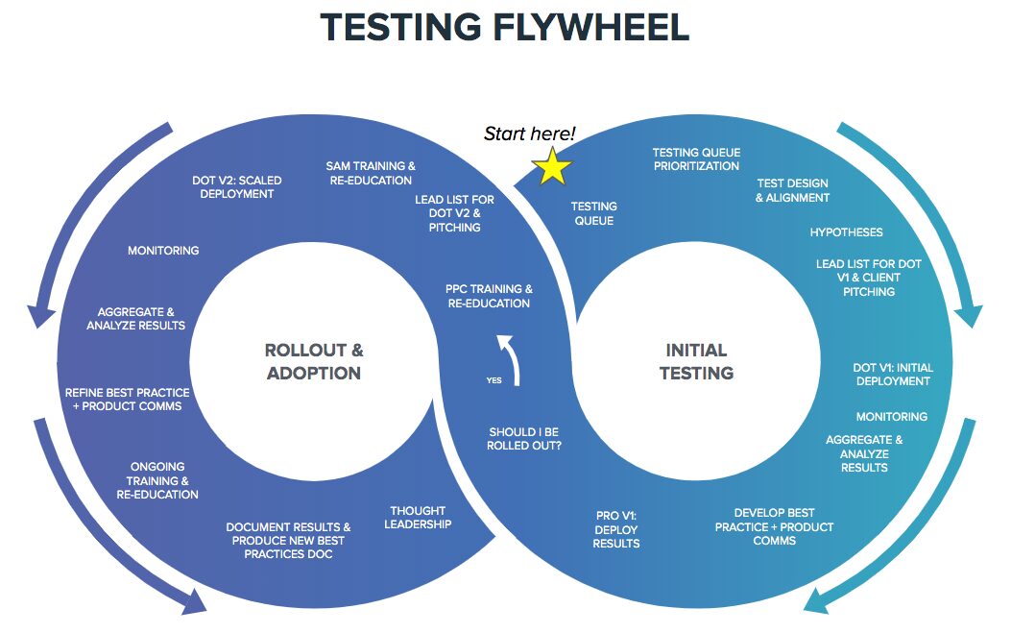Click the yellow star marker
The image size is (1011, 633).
[552, 167]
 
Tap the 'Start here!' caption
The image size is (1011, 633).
[530, 134]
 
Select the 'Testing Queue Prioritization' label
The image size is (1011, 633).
[696, 159]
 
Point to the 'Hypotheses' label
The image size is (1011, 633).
[846, 232]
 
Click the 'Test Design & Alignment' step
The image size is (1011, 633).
[792, 190]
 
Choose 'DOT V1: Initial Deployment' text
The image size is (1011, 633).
[892, 375]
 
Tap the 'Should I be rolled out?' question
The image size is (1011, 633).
[524, 439]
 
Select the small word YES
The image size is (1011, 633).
[493, 380]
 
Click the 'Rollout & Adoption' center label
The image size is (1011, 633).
[314, 361]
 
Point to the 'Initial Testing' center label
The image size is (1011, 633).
[696, 361]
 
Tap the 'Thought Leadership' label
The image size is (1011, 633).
[419, 518]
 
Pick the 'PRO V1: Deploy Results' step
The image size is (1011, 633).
[616, 530]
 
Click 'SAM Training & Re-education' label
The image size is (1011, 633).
[371, 173]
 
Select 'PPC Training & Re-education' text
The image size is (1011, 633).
[489, 296]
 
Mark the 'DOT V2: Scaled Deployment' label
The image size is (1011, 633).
[236, 186]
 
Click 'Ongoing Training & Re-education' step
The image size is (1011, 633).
[157, 480]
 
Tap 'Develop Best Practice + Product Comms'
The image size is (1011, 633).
[774, 526]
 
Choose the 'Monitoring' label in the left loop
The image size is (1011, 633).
[163, 251]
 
